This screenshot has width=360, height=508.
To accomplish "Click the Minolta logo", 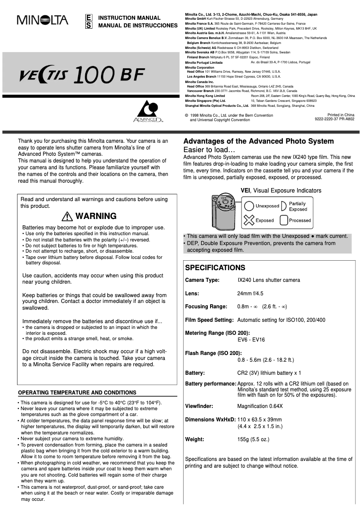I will (x=43, y=20).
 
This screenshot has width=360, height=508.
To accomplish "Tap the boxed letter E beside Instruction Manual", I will (x=89, y=18).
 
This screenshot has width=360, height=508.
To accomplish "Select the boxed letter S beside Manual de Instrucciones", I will (x=89, y=25).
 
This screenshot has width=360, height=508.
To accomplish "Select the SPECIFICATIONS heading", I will (x=215, y=268).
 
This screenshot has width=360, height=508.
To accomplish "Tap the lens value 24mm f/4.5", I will (x=250, y=294).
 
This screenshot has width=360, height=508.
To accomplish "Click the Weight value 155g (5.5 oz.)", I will (x=253, y=439).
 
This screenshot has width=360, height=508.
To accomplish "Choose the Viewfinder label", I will (x=199, y=406).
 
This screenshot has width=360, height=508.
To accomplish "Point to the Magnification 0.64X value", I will (x=260, y=406).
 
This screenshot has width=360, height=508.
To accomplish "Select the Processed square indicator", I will (x=284, y=220).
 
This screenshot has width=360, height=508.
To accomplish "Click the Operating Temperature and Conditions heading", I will (x=77, y=393).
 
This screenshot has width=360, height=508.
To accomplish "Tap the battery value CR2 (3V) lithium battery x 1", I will (x=269, y=373).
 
